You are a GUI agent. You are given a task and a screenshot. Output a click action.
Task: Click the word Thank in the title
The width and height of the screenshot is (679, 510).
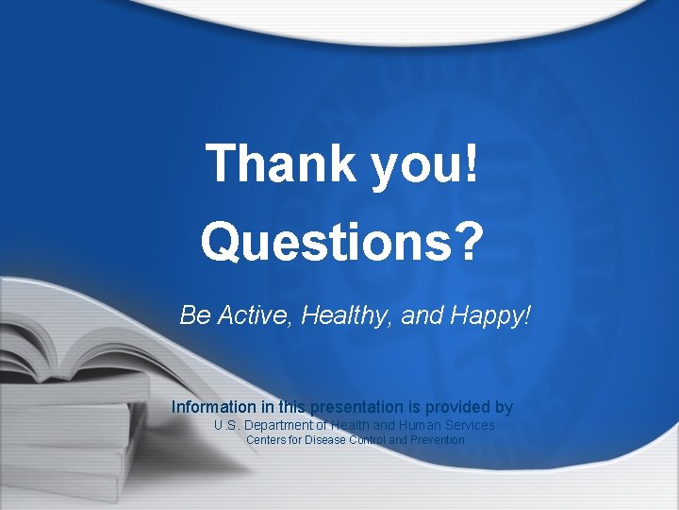click(267, 163)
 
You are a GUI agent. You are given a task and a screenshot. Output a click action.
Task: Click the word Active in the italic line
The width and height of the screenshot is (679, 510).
click(254, 315)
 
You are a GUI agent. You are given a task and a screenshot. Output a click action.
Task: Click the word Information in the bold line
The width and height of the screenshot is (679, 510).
click(213, 408)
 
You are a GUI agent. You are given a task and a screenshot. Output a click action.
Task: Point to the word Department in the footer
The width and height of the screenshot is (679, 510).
click(281, 426)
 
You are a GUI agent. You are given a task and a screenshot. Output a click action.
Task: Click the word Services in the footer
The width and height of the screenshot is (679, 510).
click(468, 426)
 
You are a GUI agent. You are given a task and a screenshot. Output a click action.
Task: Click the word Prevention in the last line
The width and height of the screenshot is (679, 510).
click(437, 440)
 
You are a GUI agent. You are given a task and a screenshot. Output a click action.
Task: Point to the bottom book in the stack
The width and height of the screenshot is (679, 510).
click(66, 477)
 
